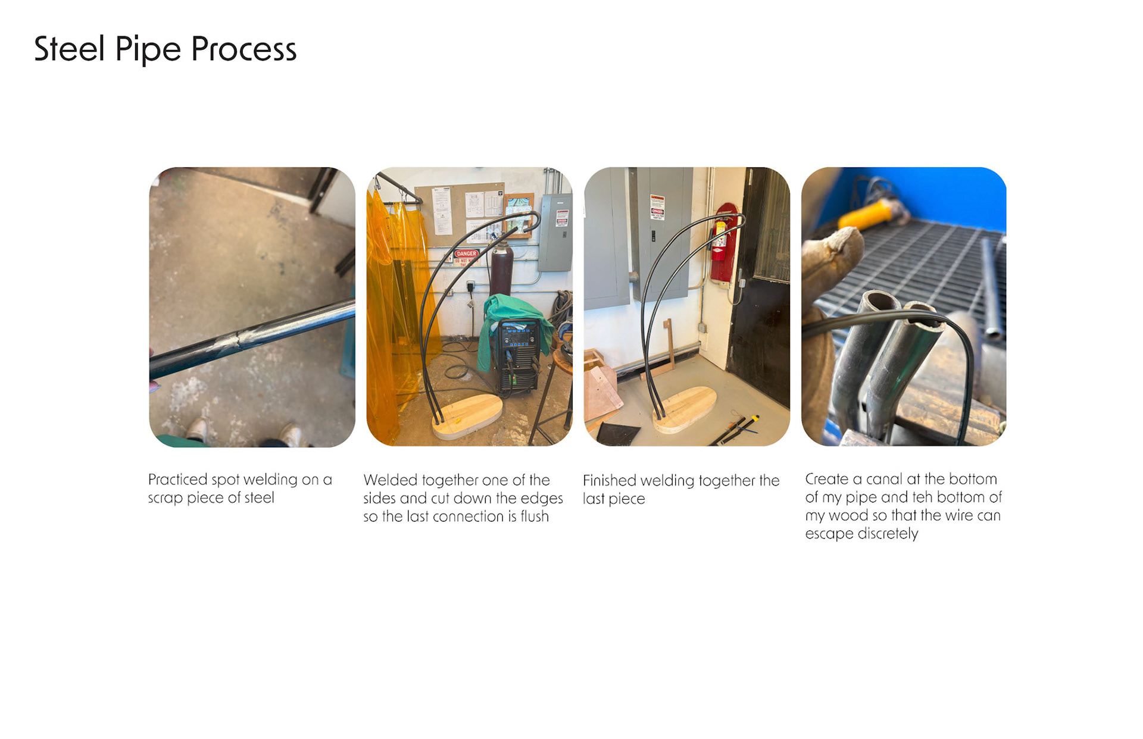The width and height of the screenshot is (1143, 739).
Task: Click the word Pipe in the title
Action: pyautogui.click(x=148, y=50)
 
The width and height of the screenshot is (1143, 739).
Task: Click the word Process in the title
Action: pyautogui.click(x=244, y=49)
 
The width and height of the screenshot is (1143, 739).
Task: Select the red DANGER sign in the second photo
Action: pyautogui.click(x=466, y=254)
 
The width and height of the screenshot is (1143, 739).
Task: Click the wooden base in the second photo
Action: pyautogui.click(x=467, y=417)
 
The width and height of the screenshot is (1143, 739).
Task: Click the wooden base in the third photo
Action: pyautogui.click(x=685, y=409)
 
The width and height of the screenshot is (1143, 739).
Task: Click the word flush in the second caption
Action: pyautogui.click(x=535, y=516)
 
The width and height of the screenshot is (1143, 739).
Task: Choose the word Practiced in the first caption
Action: pyautogui.click(x=178, y=480)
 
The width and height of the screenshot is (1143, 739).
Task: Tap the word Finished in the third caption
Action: pyautogui.click(x=610, y=481)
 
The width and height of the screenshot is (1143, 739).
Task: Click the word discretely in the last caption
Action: pyautogui.click(x=888, y=534)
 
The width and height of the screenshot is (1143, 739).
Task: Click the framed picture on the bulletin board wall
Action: pyautogui.click(x=519, y=214)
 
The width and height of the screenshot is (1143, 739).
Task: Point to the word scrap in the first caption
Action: pyautogui.click(x=165, y=498)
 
